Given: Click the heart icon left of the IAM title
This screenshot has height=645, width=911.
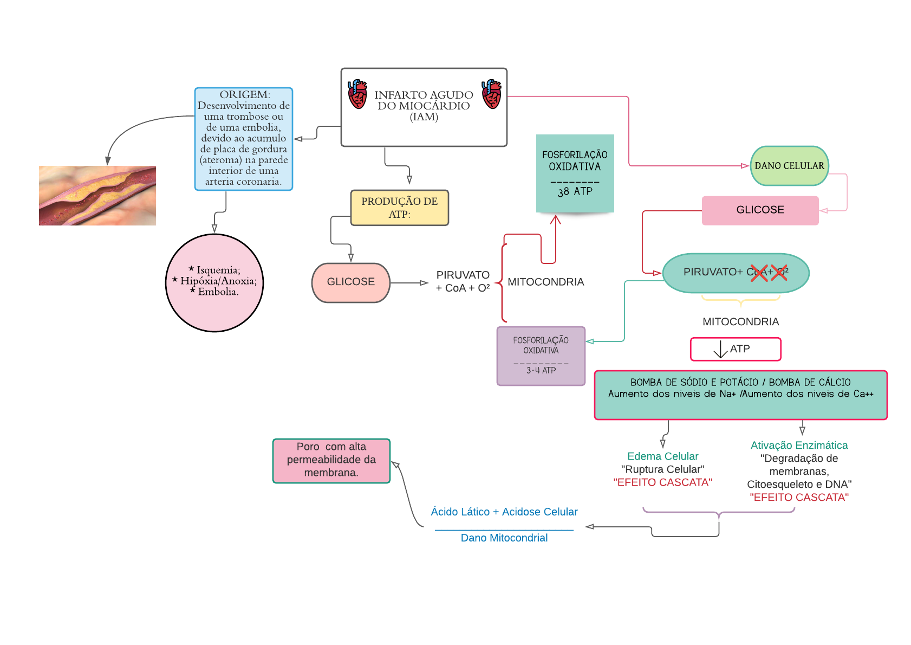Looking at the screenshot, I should pyautogui.click(x=357, y=94).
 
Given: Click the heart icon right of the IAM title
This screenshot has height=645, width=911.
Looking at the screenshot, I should pyautogui.click(x=491, y=94).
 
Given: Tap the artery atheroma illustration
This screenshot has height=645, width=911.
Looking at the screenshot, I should pyautogui.click(x=97, y=196).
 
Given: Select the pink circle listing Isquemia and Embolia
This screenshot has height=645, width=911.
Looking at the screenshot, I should pyautogui.click(x=214, y=282).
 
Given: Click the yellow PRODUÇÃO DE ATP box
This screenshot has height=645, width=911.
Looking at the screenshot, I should pyautogui.click(x=400, y=208).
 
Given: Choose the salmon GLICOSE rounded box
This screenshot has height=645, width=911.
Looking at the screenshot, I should pyautogui.click(x=351, y=282).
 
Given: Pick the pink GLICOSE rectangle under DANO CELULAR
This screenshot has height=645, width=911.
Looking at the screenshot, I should pyautogui.click(x=760, y=210).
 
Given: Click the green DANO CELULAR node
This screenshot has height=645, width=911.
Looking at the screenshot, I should pyautogui.click(x=789, y=166).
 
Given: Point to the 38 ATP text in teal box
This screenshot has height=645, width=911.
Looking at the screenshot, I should pyautogui.click(x=575, y=191).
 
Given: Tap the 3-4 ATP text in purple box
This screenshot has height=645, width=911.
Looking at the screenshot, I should pyautogui.click(x=541, y=370).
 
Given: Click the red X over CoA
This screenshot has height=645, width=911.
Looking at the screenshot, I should pyautogui.click(x=759, y=273).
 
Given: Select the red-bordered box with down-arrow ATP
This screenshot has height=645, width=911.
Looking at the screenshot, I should pyautogui.click(x=736, y=349).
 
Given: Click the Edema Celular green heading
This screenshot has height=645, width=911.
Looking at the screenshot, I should pyautogui.click(x=662, y=456).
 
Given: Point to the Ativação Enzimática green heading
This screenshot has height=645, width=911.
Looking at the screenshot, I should pyautogui.click(x=799, y=446).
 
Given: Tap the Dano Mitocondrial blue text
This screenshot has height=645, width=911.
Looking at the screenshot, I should pyautogui.click(x=504, y=538).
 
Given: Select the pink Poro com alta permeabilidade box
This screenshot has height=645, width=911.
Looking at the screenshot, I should pyautogui.click(x=331, y=461).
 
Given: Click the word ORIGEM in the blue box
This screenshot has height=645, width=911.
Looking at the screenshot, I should pyautogui.click(x=244, y=95).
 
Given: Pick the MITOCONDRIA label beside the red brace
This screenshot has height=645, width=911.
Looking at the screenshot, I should pyautogui.click(x=545, y=282).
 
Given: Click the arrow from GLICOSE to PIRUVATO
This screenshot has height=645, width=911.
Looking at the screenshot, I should pyautogui.click(x=409, y=283).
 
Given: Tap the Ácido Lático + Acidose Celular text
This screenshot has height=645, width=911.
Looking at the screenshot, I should pyautogui.click(x=504, y=512).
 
